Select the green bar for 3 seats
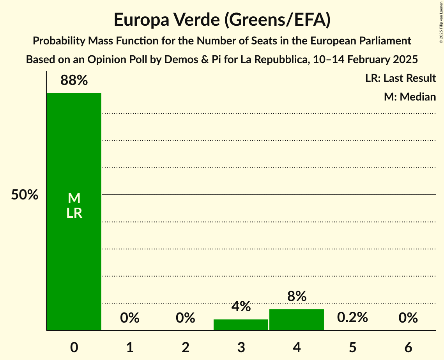pyautogui.click(x=241, y=325)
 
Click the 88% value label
pyautogui.click(x=74, y=81)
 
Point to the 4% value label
pyautogui.click(x=241, y=306)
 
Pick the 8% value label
pyautogui.click(x=297, y=296)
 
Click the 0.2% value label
pyautogui.click(x=352, y=318)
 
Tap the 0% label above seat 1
pyautogui.click(x=130, y=318)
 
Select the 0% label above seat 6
pyautogui.click(x=408, y=318)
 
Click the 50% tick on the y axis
pyautogui.click(x=25, y=195)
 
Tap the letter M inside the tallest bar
pyautogui.click(x=74, y=198)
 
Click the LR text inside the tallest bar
pyautogui.click(x=74, y=213)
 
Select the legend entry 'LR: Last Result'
pyautogui.click(x=400, y=78)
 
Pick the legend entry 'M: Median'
pyautogui.click(x=410, y=97)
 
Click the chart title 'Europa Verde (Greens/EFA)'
pyautogui.click(x=222, y=20)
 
